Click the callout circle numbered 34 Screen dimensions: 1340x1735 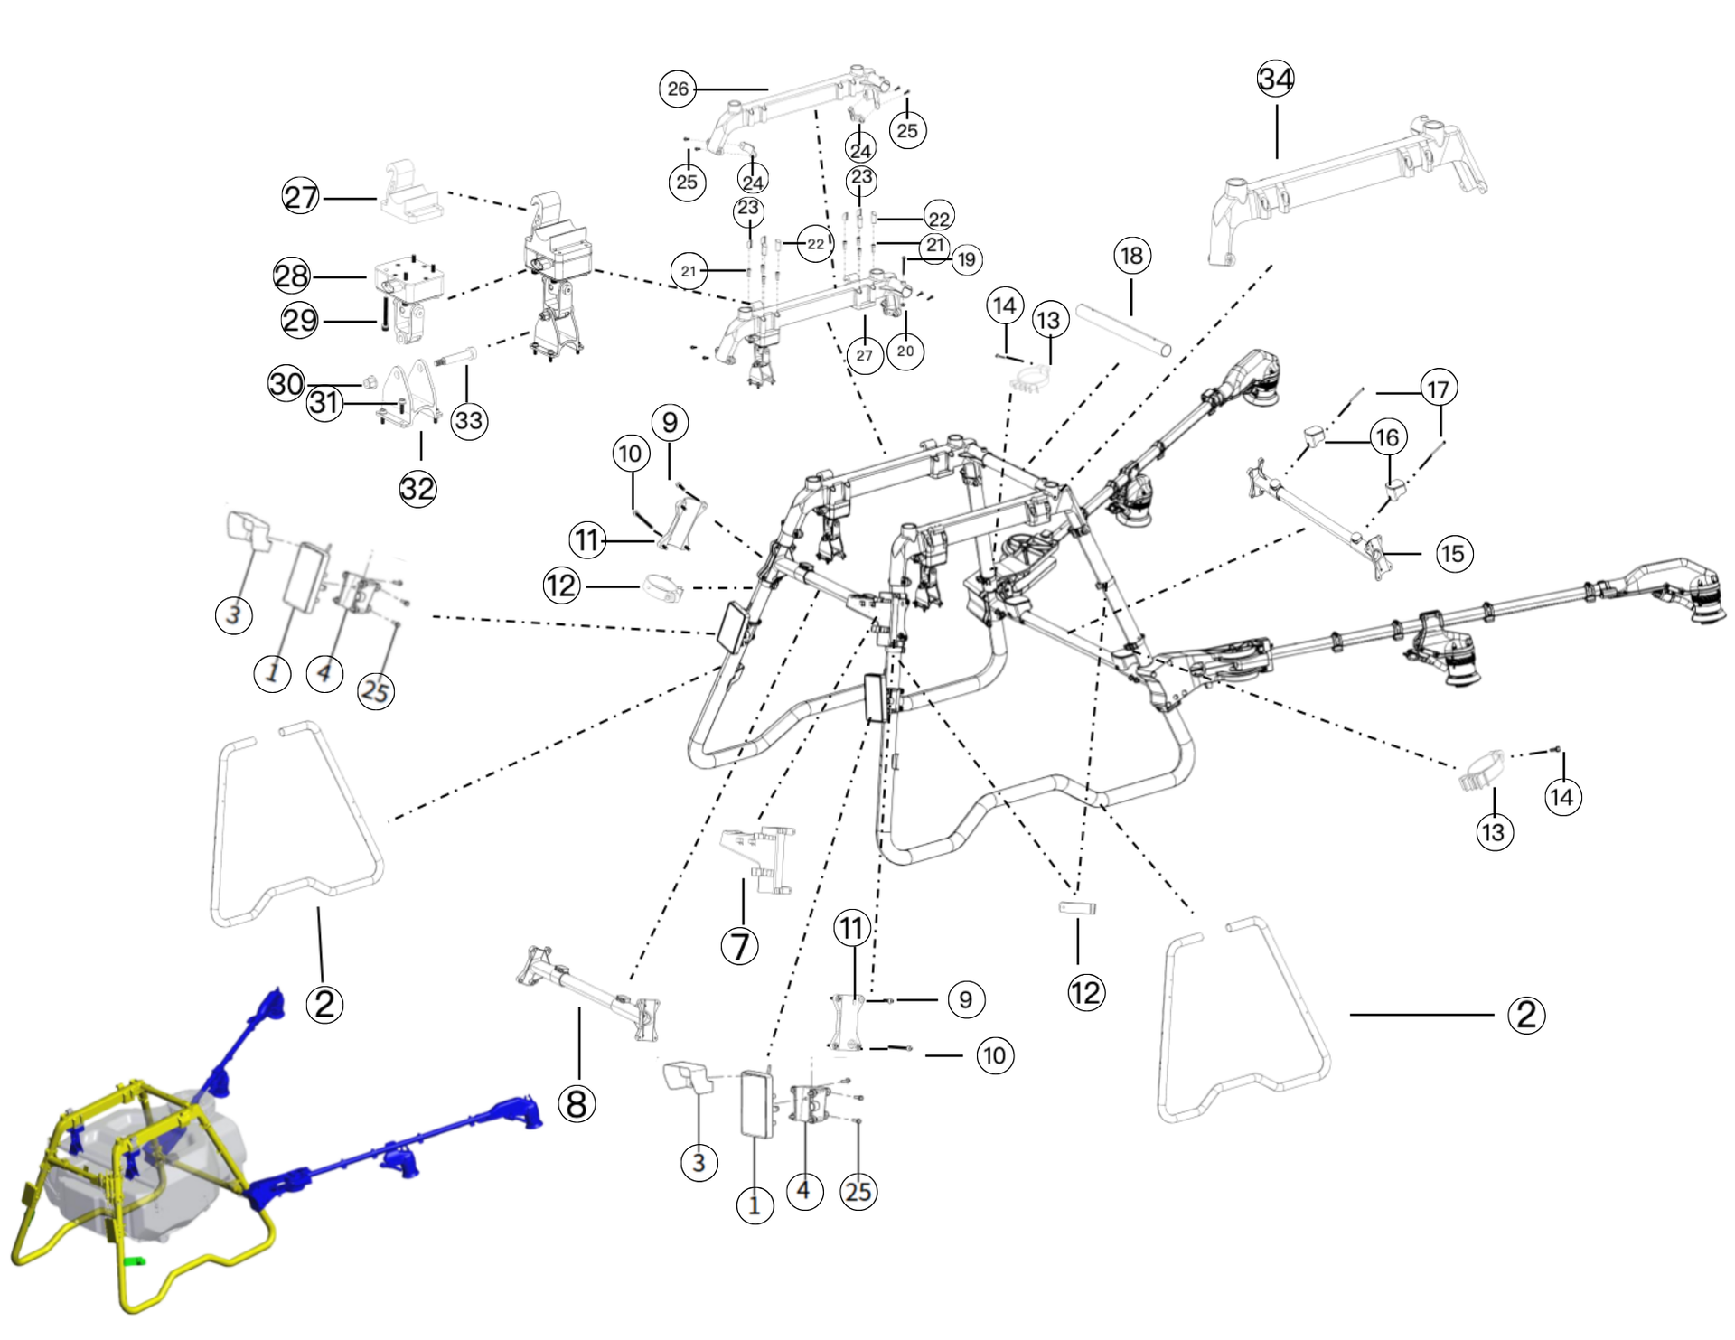[1275, 80]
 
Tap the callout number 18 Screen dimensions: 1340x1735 [1131, 256]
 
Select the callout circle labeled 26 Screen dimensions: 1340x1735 [678, 89]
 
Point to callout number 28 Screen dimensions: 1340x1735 [292, 276]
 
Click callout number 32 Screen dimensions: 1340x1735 [417, 489]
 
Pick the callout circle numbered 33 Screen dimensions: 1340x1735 [469, 420]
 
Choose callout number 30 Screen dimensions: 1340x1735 [286, 384]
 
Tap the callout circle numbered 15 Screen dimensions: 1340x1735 [1453, 553]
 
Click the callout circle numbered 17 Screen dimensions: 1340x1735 [1438, 389]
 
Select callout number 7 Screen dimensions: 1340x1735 [739, 947]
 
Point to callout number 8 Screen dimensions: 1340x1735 [577, 1103]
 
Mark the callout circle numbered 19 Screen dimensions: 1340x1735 [966, 260]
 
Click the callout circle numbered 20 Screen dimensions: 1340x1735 [905, 351]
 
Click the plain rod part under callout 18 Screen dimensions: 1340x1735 [1123, 330]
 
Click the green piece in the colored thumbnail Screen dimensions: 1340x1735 [135, 1260]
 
